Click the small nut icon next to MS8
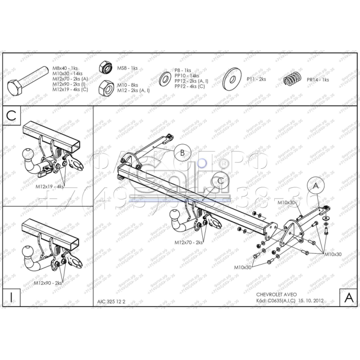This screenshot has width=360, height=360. coord(105,68)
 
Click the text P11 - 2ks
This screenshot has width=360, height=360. coord(256,79)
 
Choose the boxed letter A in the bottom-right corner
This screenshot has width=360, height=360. coord(348,297)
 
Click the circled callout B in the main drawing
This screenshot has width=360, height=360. coord(182,153)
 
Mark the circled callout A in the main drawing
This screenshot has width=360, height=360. coord(315,185)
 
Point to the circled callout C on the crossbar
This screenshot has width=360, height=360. coord(220,180)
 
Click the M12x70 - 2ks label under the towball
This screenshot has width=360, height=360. coord(189,243)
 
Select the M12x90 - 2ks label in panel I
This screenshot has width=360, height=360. coord(48,283)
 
